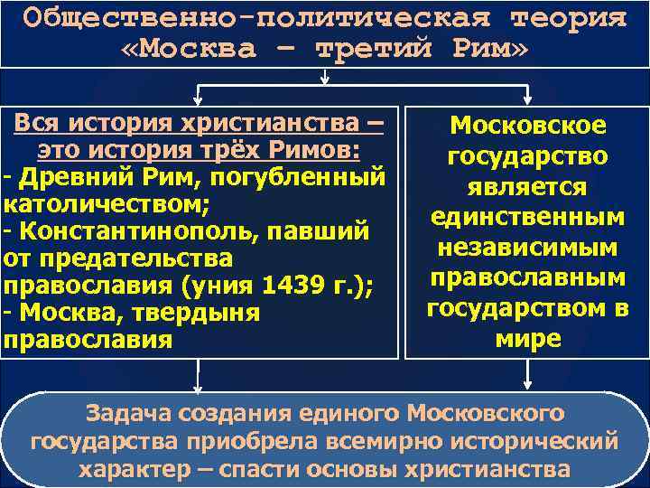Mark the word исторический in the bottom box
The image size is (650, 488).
coord(535,442)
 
